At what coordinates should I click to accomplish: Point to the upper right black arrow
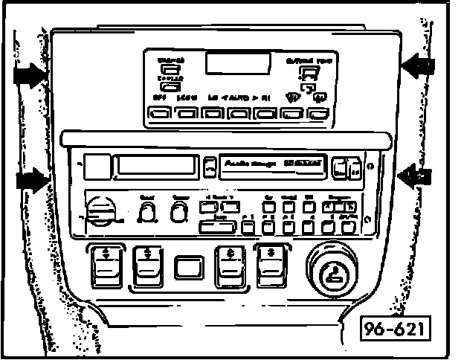(419, 66)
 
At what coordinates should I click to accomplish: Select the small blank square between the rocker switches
(188, 266)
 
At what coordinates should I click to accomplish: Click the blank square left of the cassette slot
(95, 166)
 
